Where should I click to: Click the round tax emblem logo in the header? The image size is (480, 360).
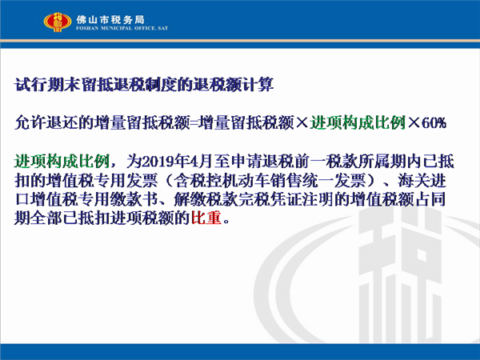point(58,22)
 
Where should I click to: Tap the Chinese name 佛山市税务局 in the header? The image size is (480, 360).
point(110,20)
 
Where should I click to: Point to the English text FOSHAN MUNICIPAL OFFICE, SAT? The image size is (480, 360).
point(122,28)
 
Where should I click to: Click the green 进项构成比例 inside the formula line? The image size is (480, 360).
point(358,122)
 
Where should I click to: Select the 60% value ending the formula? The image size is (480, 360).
point(434,123)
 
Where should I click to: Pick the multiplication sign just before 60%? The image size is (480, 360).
point(414,123)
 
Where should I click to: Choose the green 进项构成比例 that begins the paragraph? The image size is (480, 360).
point(62,162)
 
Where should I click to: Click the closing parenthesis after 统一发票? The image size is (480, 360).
point(371,181)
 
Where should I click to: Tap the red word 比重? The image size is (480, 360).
point(206,218)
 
